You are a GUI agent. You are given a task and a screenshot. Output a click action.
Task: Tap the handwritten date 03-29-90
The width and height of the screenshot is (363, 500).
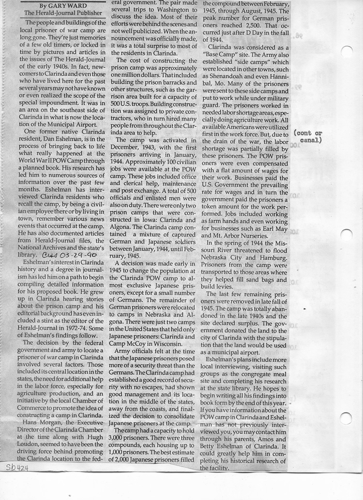62,255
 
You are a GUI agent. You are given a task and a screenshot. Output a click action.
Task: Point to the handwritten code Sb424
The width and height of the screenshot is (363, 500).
16,468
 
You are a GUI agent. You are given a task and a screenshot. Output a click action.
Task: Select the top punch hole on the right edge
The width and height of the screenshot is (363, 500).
347,52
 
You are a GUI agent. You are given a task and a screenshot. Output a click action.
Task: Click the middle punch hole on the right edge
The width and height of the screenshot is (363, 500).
347,235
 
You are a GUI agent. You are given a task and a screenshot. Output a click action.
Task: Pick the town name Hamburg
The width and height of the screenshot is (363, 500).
271,258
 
